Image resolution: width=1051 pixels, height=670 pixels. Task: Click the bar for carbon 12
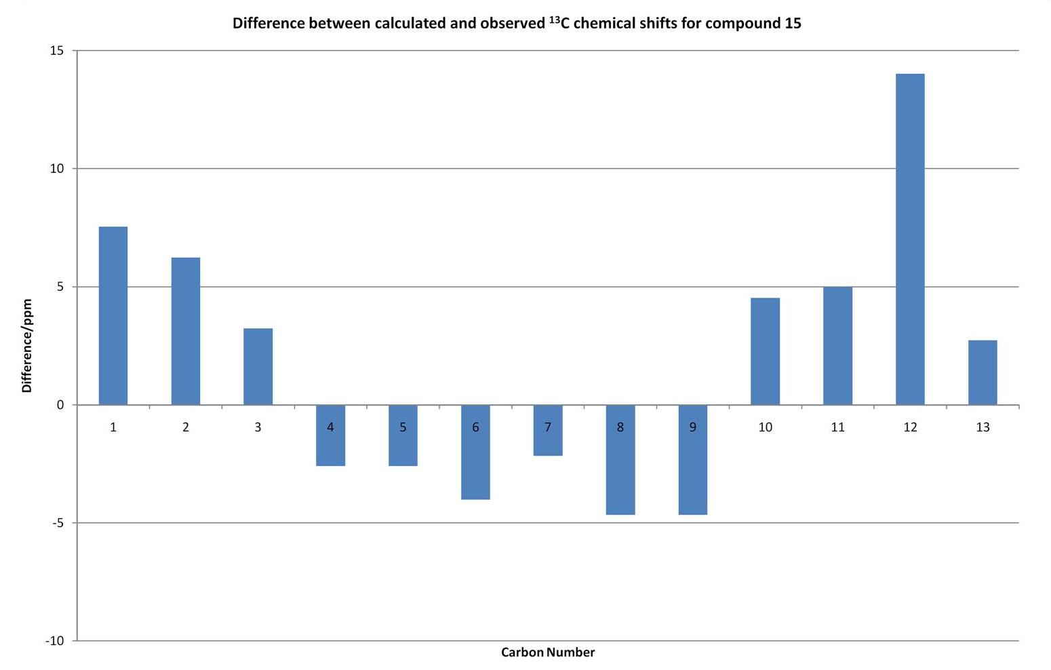click(910, 239)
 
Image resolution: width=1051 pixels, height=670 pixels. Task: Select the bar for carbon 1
click(113, 316)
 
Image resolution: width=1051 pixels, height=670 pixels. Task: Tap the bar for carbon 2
click(186, 331)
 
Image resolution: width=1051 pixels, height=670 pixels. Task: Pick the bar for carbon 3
click(258, 366)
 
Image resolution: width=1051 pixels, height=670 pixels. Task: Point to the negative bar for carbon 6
click(475, 452)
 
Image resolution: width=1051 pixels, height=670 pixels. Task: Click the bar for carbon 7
click(548, 430)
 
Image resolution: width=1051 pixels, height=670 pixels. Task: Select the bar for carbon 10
click(766, 351)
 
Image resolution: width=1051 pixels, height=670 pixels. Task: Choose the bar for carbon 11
click(837, 346)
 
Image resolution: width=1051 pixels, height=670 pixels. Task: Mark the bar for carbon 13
click(983, 372)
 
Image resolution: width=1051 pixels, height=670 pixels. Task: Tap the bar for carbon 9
click(692, 460)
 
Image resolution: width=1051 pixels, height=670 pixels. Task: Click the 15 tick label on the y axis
click(57, 51)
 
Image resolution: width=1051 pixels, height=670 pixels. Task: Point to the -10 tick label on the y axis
click(54, 641)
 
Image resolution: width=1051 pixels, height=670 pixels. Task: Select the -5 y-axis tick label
click(57, 523)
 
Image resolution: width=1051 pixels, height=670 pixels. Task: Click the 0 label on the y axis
click(60, 405)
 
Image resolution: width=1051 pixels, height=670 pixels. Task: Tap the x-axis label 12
click(910, 427)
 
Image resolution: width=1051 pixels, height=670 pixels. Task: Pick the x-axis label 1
click(113, 427)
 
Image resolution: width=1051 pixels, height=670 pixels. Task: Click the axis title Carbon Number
click(548, 652)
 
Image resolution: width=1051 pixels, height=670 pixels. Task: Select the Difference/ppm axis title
click(26, 346)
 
